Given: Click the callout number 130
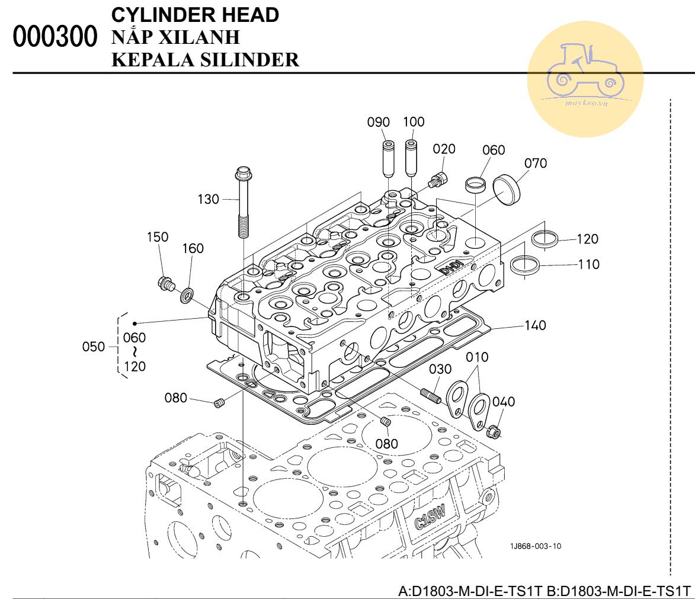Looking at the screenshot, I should (x=209, y=199).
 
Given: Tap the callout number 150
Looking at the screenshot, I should (x=158, y=237).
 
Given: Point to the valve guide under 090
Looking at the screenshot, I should (x=388, y=158).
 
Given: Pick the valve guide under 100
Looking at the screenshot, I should (x=410, y=157).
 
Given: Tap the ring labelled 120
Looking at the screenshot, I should (x=545, y=240).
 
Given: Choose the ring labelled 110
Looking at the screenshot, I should (x=525, y=264).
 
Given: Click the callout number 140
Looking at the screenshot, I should (x=535, y=325).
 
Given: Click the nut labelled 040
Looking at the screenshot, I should (x=494, y=432).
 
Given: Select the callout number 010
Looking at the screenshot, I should (x=477, y=357).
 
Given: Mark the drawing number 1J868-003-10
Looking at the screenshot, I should (x=534, y=546).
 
